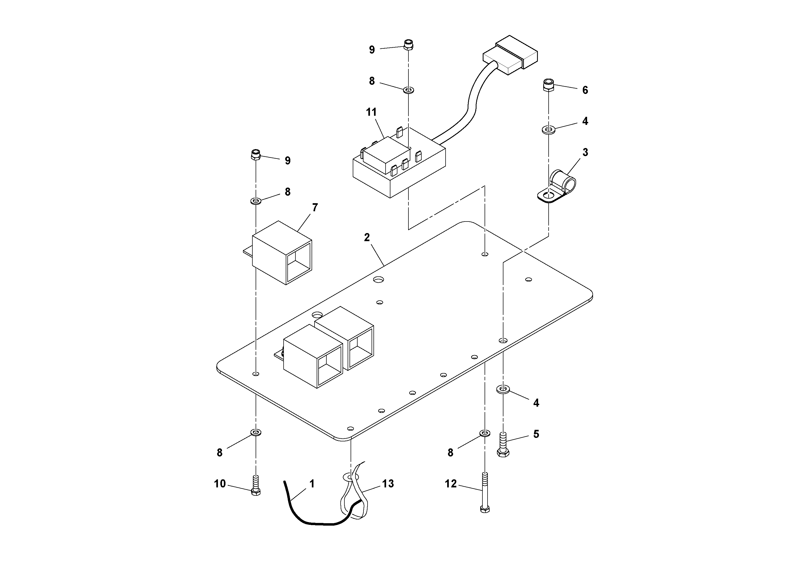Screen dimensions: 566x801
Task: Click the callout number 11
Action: tap(371, 112)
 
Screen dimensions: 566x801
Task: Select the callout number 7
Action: tap(315, 208)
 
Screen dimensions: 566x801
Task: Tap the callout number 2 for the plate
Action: tap(367, 237)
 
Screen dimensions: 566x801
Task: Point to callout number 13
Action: tap(388, 484)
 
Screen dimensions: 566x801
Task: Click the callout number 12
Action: tap(451, 484)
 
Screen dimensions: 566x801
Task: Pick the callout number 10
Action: tap(220, 484)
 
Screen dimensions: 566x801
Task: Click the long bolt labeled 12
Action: tap(485, 492)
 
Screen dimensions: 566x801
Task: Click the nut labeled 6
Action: tap(548, 85)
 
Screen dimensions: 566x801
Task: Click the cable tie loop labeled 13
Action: tap(352, 495)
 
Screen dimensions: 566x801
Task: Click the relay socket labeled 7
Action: tap(282, 253)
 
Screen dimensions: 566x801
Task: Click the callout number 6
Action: tap(585, 90)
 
